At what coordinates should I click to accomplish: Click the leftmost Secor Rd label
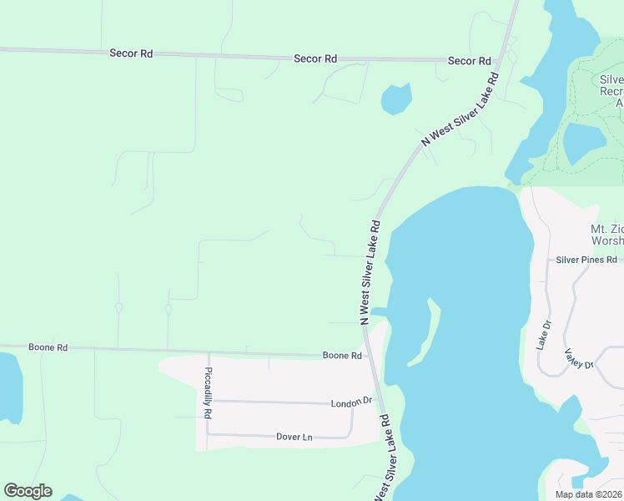pos(131,53)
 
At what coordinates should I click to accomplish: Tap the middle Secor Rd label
pos(315,58)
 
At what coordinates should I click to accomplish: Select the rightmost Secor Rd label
pos(469,61)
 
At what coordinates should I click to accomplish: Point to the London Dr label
pos(351,402)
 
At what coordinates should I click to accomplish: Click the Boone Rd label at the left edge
pos(47,347)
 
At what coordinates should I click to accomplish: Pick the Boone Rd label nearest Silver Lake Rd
pos(343,356)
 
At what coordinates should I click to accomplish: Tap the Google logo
pos(28,491)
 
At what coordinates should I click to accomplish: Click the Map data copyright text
pos(589,494)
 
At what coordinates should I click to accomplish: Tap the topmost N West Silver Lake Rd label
pos(460,109)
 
